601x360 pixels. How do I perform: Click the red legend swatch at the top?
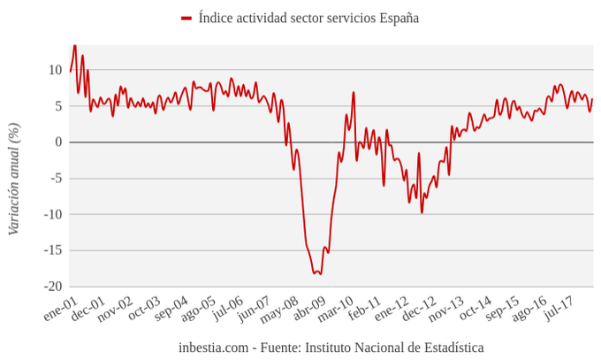coord(186,18)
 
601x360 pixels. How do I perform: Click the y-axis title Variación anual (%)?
coord(14,179)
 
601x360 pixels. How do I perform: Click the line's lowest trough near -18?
coord(316,274)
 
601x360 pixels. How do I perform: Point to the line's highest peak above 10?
coord(74,45)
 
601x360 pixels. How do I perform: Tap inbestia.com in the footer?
coord(213,348)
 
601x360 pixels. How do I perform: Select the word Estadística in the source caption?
coord(448,348)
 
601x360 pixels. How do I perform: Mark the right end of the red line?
coord(592,99)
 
